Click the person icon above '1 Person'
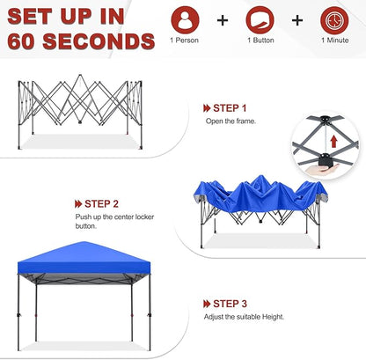185,19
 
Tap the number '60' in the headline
23,40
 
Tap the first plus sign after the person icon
221,19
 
